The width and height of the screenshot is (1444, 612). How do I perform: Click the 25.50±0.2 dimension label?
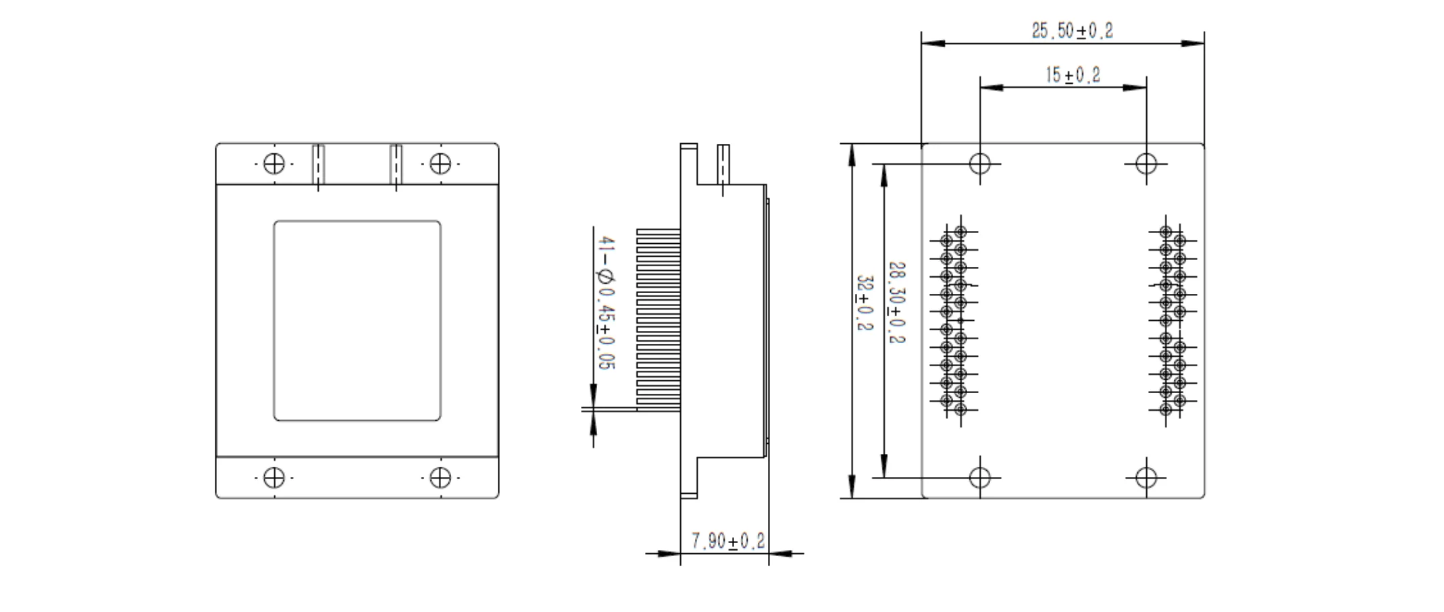1072,30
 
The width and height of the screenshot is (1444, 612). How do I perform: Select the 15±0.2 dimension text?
1073,75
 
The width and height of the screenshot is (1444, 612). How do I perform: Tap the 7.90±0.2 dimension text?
727,540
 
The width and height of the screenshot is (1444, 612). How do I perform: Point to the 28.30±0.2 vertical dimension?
896,303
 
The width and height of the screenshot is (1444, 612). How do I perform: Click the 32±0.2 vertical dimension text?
865,303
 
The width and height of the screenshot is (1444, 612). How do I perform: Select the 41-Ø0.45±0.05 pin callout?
606,303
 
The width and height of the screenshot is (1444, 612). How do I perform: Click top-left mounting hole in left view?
274,163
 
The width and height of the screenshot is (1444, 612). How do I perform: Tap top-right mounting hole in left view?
440,163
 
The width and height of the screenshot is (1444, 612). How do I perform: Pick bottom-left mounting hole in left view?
274,478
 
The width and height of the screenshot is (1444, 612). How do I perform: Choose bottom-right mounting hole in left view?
440,478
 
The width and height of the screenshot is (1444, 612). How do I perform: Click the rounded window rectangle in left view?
357,320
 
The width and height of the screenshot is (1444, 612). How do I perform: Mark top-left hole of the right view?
980,163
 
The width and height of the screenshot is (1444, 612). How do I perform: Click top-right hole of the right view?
1146,163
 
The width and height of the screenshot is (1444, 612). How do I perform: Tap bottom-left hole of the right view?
980,478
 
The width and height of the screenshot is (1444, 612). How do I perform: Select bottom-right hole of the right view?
1146,478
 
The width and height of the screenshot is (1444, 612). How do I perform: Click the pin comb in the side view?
658,319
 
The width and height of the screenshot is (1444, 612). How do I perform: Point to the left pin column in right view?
954,321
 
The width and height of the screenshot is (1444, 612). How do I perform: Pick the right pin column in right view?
1172,321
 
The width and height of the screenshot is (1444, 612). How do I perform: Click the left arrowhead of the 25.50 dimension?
932,43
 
